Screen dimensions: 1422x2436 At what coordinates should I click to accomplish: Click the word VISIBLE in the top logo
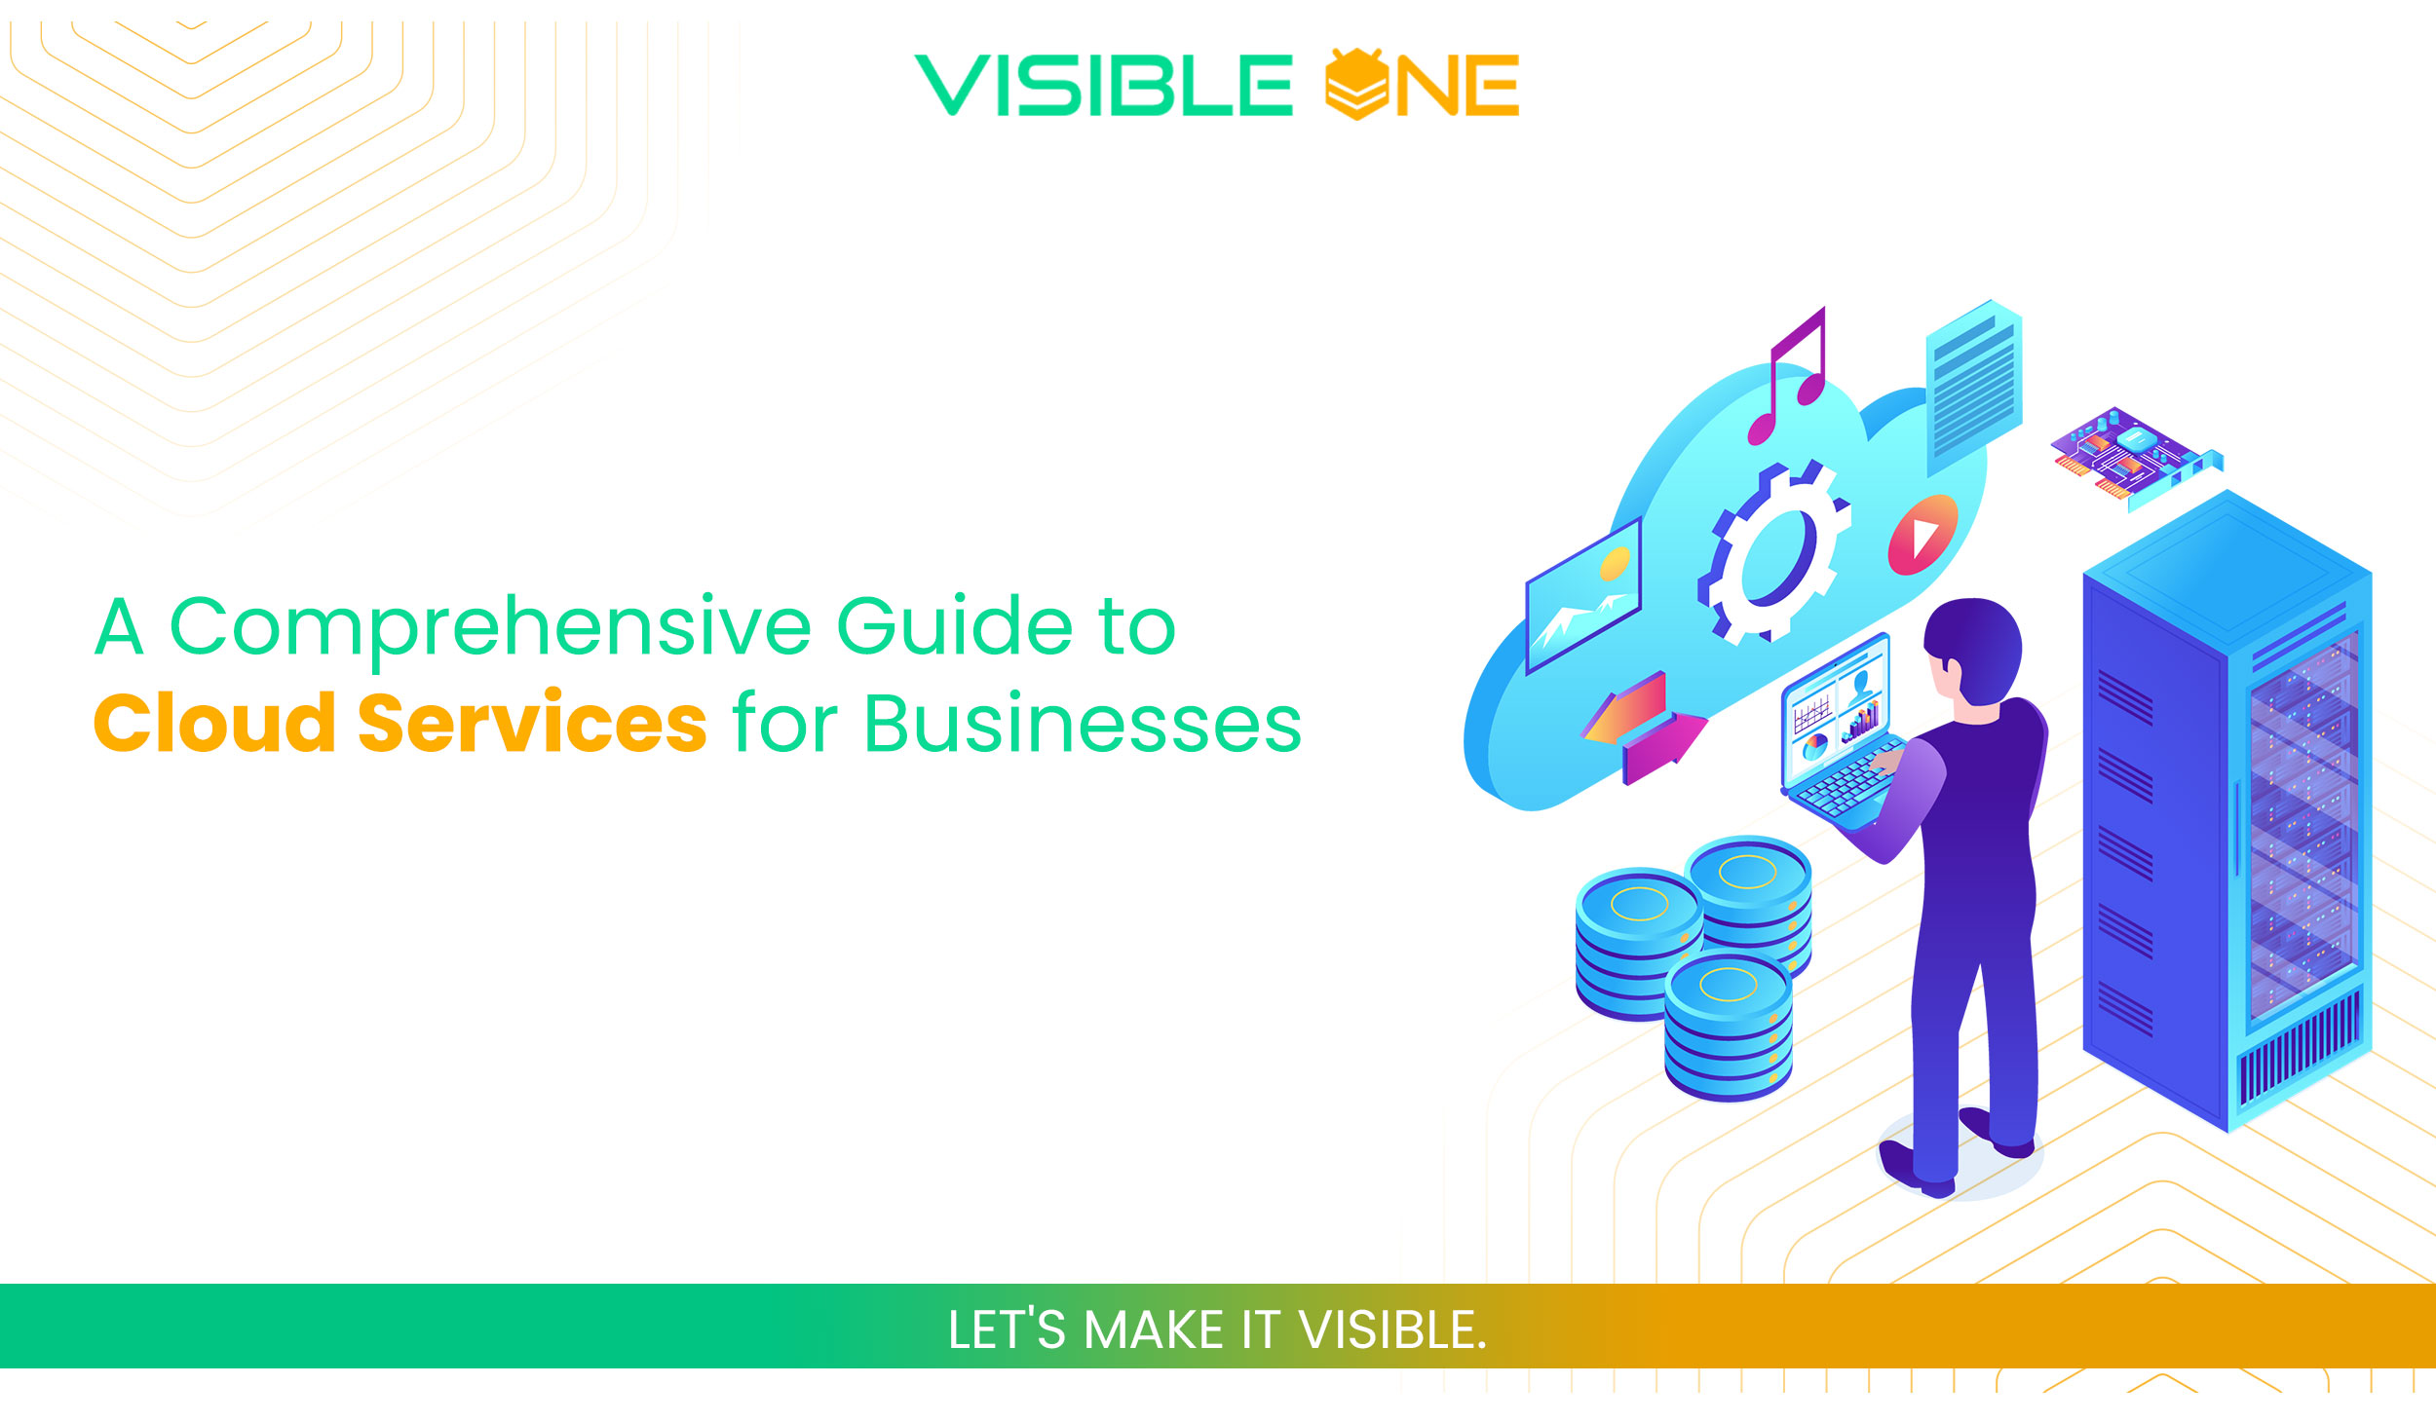point(1103,86)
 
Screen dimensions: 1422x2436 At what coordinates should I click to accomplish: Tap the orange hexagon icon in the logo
point(1356,85)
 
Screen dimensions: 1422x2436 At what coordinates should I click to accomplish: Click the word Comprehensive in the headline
point(490,627)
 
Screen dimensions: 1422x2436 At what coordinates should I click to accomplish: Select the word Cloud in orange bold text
point(214,724)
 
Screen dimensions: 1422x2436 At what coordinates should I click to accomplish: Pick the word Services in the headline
point(532,724)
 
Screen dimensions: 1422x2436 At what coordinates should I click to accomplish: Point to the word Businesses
point(1083,724)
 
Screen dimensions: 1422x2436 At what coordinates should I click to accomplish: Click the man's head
point(1973,649)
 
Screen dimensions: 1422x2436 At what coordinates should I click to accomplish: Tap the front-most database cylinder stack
point(1728,1027)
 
